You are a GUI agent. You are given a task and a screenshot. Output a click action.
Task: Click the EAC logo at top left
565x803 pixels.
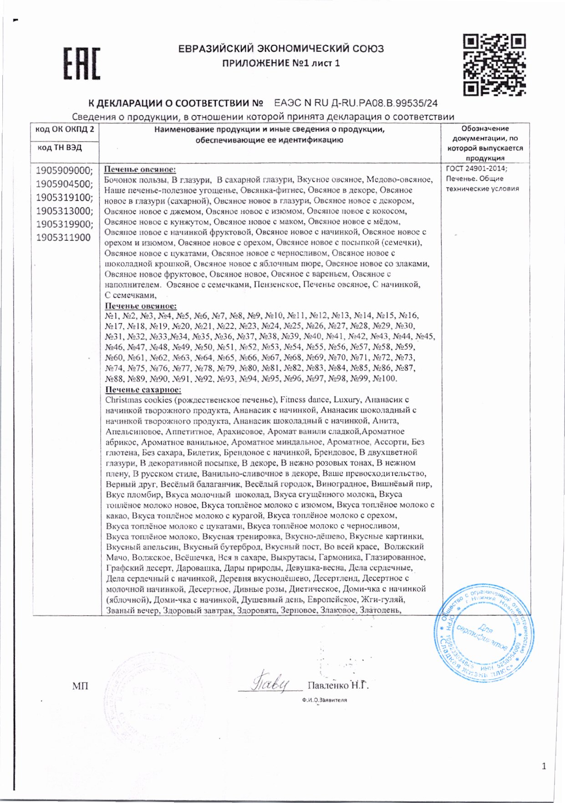[82, 63]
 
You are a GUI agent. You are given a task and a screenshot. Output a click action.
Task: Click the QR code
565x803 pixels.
[494, 65]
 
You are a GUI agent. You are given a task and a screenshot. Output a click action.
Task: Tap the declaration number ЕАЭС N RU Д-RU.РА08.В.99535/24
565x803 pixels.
[356, 103]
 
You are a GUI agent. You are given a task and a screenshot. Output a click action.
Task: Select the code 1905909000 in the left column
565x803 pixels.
[64, 171]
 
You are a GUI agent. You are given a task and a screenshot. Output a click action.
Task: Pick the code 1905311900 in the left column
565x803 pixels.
[64, 237]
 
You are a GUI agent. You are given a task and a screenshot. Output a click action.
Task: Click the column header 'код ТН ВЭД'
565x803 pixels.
[60, 147]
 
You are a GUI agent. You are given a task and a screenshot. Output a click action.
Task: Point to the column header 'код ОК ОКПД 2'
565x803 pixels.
[65, 129]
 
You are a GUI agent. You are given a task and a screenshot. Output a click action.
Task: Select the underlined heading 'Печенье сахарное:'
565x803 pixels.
[143, 390]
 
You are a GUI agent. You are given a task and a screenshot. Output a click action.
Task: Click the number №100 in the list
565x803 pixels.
[385, 378]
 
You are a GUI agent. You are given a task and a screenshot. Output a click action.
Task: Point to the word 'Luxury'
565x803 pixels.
[346, 400]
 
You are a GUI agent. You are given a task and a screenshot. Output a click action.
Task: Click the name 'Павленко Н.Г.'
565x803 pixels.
[338, 686]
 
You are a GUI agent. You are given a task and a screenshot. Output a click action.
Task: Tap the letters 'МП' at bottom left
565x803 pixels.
[80, 686]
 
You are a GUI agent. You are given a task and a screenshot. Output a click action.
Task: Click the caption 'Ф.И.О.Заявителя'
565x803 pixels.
[324, 700]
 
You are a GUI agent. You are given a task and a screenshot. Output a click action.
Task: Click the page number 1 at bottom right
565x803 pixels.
[544, 767]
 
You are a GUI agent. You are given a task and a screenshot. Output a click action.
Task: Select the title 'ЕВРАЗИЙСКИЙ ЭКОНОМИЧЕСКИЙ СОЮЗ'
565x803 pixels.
[281, 49]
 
